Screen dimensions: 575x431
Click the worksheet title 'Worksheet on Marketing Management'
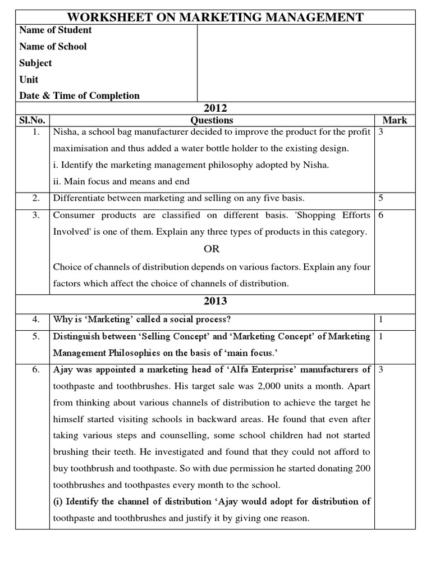pos(215,17)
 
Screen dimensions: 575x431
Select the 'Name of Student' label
pos(55,30)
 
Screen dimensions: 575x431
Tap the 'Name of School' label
pos(53,47)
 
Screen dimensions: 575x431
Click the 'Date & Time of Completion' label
pos(79,95)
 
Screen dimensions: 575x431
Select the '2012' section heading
pos(215,108)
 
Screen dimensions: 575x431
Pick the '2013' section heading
pos(215,301)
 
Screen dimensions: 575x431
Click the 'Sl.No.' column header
pos(33,120)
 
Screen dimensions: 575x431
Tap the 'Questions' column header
pos(212,120)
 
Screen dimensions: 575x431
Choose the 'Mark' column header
pos(395,120)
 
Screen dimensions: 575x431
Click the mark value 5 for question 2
pos(381,198)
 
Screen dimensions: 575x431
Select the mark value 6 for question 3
pos(381,216)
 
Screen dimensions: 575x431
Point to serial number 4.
pos(35,320)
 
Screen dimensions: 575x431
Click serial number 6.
pos(35,369)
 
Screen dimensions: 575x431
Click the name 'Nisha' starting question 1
pos(65,133)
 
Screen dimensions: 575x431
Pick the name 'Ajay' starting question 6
pos(63,369)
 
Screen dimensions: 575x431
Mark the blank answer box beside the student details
pos(306,63)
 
